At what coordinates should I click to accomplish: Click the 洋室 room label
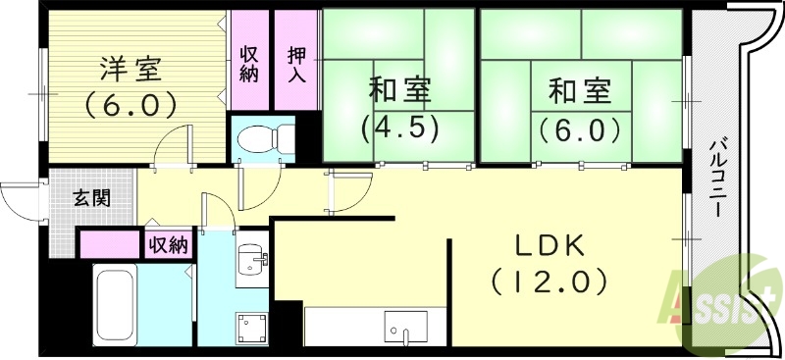tap(129, 70)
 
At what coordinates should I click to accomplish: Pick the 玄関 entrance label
tap(91, 197)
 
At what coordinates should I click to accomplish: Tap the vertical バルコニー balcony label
tap(716, 180)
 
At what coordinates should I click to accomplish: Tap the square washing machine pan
tap(251, 327)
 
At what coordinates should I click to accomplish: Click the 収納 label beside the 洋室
tap(248, 61)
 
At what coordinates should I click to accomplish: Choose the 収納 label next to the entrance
tap(168, 243)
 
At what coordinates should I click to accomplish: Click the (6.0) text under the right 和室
tap(579, 128)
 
